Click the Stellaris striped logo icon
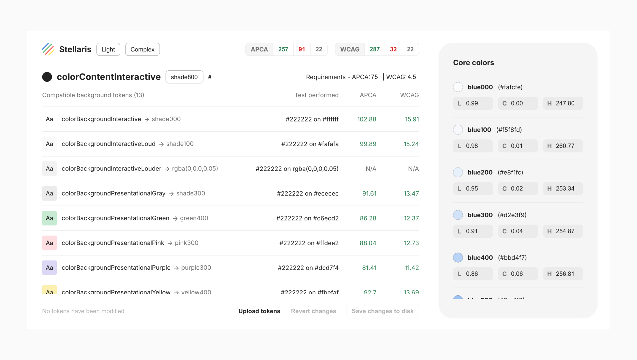[48, 49]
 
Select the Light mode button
[108, 49]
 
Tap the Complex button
[142, 49]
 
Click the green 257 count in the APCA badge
[283, 49]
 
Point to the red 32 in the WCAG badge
[393, 49]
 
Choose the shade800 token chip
[184, 77]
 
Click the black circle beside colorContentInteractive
[47, 77]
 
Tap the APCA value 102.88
[367, 119]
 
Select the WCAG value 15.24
[411, 144]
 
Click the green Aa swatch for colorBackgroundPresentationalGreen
[49, 218]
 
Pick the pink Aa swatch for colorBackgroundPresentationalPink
[49, 243]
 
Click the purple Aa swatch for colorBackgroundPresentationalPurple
[49, 268]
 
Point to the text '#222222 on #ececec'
[308, 193]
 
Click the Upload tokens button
[259, 311]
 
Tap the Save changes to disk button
[382, 311]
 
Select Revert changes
[313, 311]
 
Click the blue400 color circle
[458, 258]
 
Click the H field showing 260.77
[563, 146]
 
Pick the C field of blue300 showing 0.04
[518, 231]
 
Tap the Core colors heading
[473, 63]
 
